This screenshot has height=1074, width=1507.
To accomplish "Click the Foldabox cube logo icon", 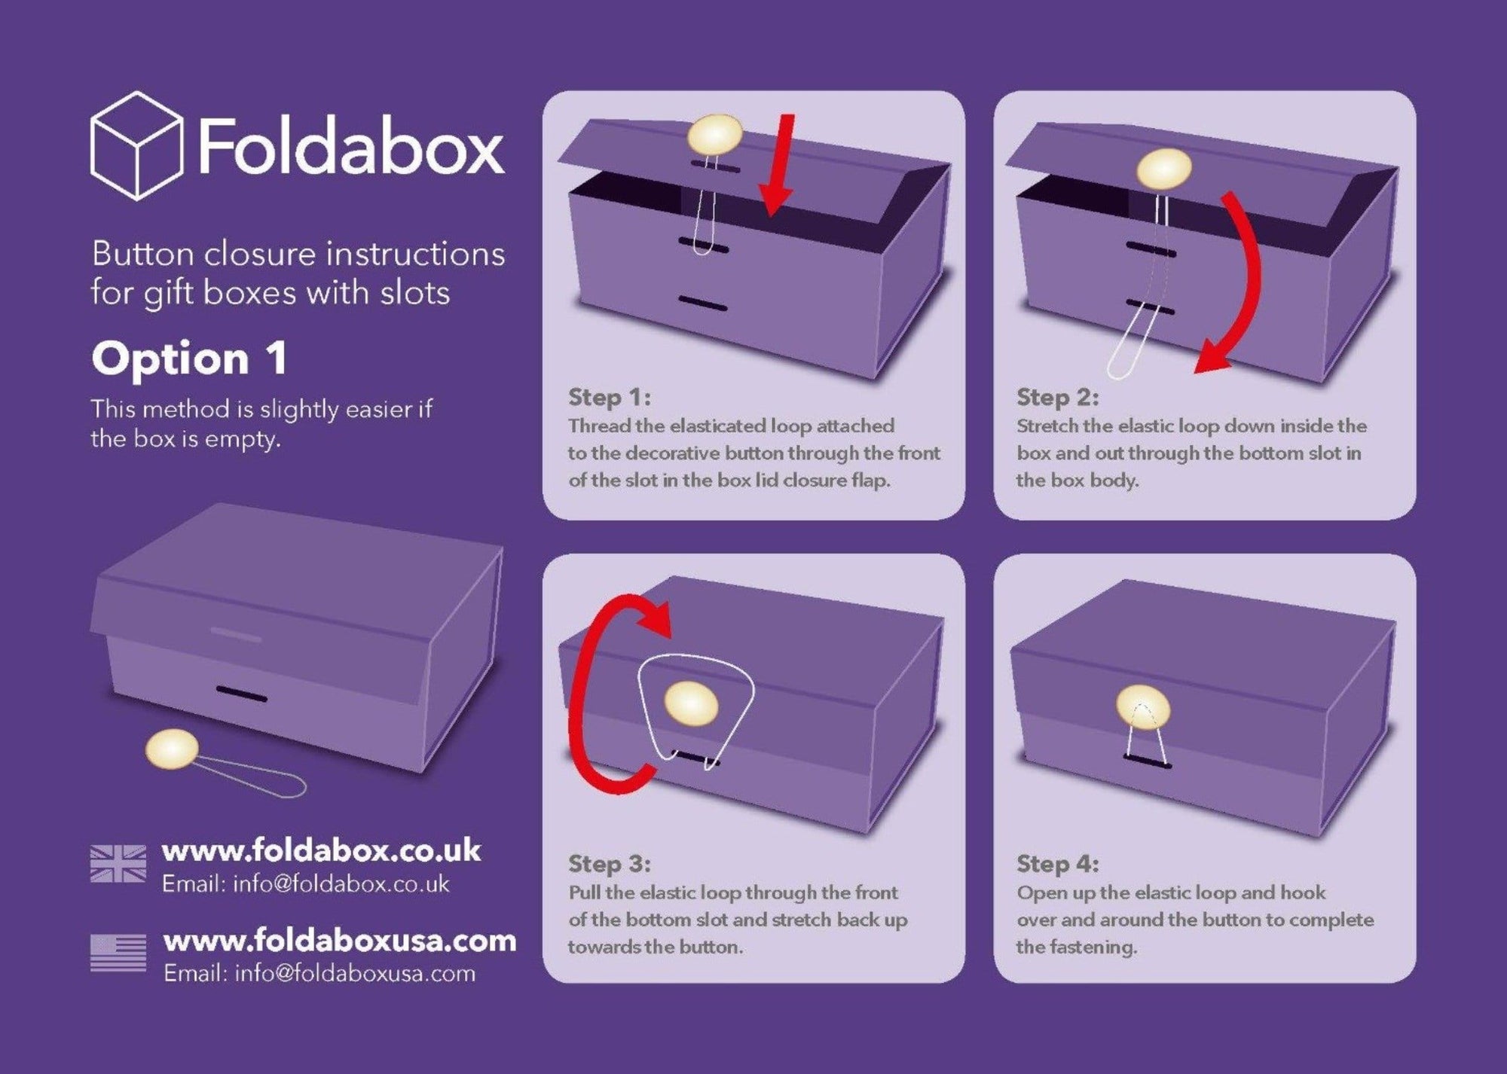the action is (x=136, y=145).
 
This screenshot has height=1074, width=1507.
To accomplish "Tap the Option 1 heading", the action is (x=190, y=359).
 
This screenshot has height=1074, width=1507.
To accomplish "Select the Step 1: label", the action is (x=610, y=397).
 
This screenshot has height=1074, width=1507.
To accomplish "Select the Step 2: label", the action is (x=1058, y=397).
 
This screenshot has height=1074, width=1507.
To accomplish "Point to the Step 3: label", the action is (x=610, y=863).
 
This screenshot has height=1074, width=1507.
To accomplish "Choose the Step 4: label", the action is (x=1058, y=863).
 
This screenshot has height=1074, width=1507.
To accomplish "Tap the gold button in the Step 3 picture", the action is (x=691, y=703).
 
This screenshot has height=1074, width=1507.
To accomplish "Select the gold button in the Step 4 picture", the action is (x=1143, y=709).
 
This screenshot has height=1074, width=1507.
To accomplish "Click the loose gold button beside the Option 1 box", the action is (x=173, y=750).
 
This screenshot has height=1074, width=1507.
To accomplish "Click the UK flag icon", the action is (x=118, y=863).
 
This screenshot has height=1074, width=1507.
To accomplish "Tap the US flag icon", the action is (x=118, y=953).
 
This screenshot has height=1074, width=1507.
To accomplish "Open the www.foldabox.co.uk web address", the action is (x=322, y=850).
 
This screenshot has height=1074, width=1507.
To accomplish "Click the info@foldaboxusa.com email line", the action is (x=319, y=973).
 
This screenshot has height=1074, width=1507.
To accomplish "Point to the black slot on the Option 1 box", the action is (x=242, y=693).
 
